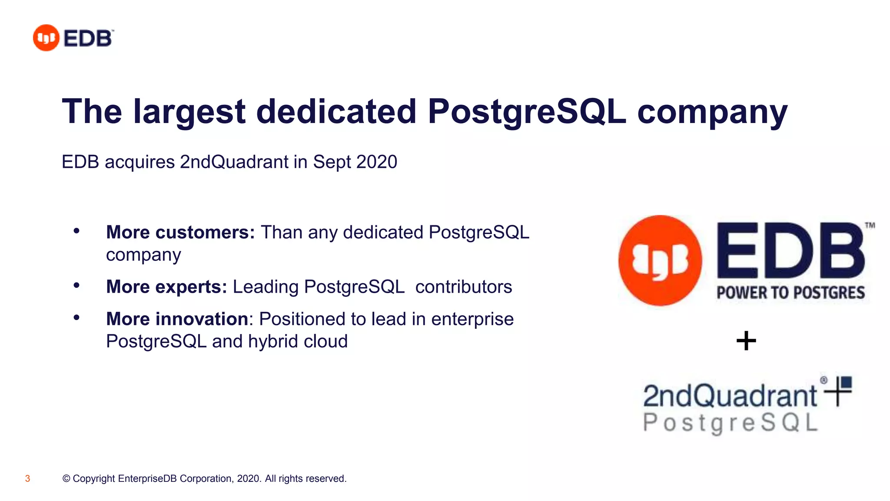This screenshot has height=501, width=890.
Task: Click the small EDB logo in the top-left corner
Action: [x=73, y=38]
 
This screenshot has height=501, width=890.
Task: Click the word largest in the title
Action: [x=189, y=112]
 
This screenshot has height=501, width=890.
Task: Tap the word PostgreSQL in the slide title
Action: [x=527, y=112]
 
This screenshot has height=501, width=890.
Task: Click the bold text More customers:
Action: [x=180, y=232]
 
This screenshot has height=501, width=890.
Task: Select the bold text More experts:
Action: [x=166, y=287]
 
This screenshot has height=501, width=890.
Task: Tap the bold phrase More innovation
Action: [x=177, y=319]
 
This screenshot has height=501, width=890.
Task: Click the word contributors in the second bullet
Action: [x=463, y=287]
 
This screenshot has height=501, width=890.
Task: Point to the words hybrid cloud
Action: [x=298, y=341]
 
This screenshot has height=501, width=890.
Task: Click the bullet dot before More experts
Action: [x=76, y=286]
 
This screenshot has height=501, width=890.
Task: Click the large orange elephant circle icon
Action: [x=660, y=261]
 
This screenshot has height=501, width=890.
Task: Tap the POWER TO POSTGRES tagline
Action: [x=790, y=293]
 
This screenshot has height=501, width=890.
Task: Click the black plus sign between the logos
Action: [x=746, y=341]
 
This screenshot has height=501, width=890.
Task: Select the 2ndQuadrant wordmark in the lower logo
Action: [x=730, y=395]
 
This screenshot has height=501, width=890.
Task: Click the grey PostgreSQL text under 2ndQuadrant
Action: [x=730, y=423]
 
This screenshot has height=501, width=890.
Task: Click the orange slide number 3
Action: [x=27, y=479]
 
